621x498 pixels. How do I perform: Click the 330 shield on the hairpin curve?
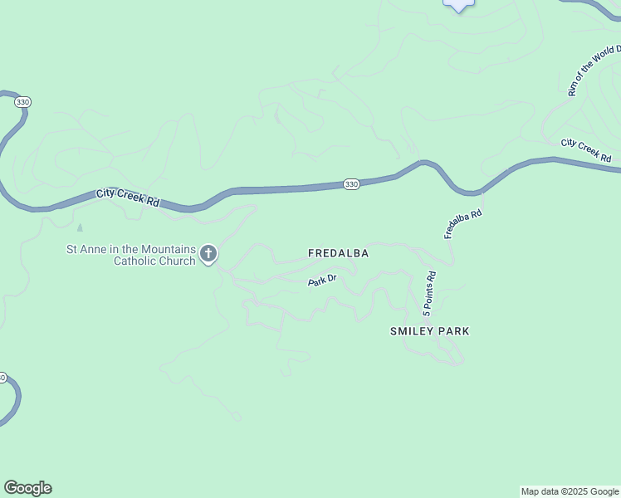22,101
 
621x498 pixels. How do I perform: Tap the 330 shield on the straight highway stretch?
351,184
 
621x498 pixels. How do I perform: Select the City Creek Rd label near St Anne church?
128,198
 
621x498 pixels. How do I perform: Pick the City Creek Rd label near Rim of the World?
585,150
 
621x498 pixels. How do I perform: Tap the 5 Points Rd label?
428,295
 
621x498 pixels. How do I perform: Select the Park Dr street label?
322,281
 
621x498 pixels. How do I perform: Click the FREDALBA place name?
338,252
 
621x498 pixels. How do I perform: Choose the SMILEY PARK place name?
429,331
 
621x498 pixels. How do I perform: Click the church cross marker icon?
208,254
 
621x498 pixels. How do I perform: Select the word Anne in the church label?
93,249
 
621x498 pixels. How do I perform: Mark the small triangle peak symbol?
80,227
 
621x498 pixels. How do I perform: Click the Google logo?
27,488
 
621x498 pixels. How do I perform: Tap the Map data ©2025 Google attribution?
570,491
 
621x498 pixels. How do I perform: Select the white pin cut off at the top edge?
458,5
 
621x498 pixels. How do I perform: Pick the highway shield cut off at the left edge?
2,378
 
